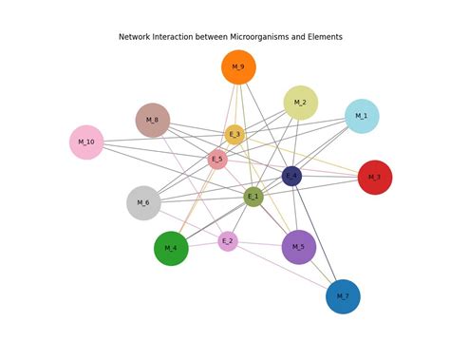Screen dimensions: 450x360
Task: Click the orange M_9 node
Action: click(x=238, y=67)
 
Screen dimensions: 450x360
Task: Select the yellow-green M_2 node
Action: click(x=300, y=103)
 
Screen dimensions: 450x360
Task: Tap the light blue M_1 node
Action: click(x=362, y=116)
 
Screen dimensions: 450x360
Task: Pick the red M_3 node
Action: click(x=375, y=178)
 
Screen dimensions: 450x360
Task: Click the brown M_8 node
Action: click(x=153, y=121)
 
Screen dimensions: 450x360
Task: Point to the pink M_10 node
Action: click(x=86, y=142)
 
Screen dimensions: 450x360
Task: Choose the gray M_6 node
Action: click(x=143, y=203)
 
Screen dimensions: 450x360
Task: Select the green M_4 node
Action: click(x=171, y=249)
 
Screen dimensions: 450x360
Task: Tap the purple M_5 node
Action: click(x=299, y=248)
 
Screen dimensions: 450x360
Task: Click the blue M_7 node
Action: click(x=343, y=296)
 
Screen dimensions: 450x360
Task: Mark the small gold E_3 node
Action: click(x=234, y=135)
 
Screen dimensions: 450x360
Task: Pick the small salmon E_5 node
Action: click(x=217, y=160)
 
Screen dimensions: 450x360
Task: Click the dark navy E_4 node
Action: click(x=291, y=176)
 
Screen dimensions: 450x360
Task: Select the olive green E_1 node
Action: click(x=253, y=197)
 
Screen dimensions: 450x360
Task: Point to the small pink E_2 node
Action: click(x=228, y=241)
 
